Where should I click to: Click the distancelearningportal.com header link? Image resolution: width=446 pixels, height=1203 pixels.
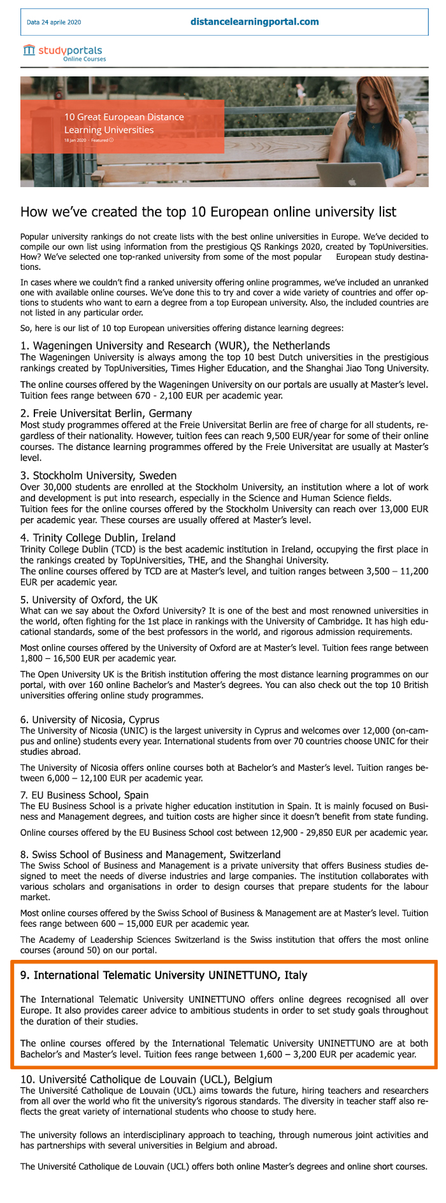(x=254, y=22)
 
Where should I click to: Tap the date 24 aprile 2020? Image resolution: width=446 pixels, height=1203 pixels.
(x=54, y=22)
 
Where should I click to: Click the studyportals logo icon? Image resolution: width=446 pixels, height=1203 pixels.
(x=29, y=50)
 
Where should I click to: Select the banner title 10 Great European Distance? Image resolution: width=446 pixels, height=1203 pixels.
(x=124, y=117)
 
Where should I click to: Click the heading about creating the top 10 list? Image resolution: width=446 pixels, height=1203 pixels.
(x=208, y=212)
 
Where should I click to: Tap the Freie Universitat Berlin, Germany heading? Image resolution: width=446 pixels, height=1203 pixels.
(x=106, y=413)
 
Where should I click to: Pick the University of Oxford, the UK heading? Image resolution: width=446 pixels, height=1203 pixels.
(x=89, y=600)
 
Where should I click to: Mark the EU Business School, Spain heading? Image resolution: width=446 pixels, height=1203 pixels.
(x=84, y=795)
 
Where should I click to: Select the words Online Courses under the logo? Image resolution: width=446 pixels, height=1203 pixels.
(x=84, y=59)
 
